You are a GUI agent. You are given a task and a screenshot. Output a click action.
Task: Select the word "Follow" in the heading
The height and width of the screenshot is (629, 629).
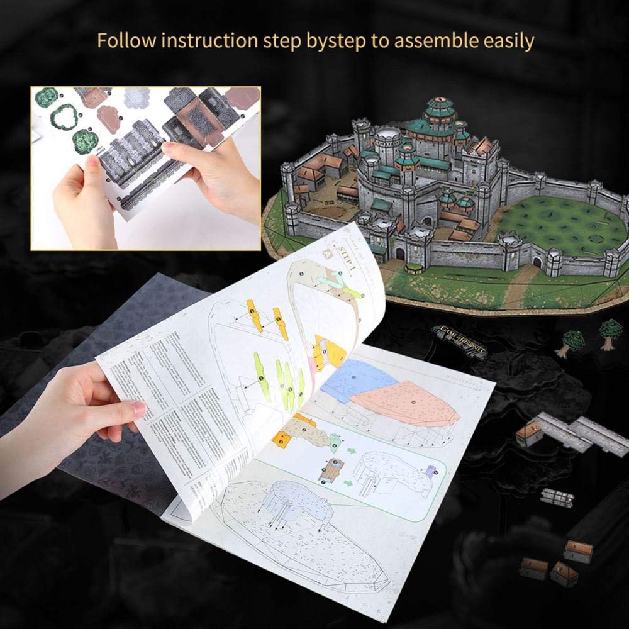click(125, 42)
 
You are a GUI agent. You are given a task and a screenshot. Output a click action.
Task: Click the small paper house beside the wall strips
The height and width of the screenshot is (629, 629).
click(530, 433)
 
